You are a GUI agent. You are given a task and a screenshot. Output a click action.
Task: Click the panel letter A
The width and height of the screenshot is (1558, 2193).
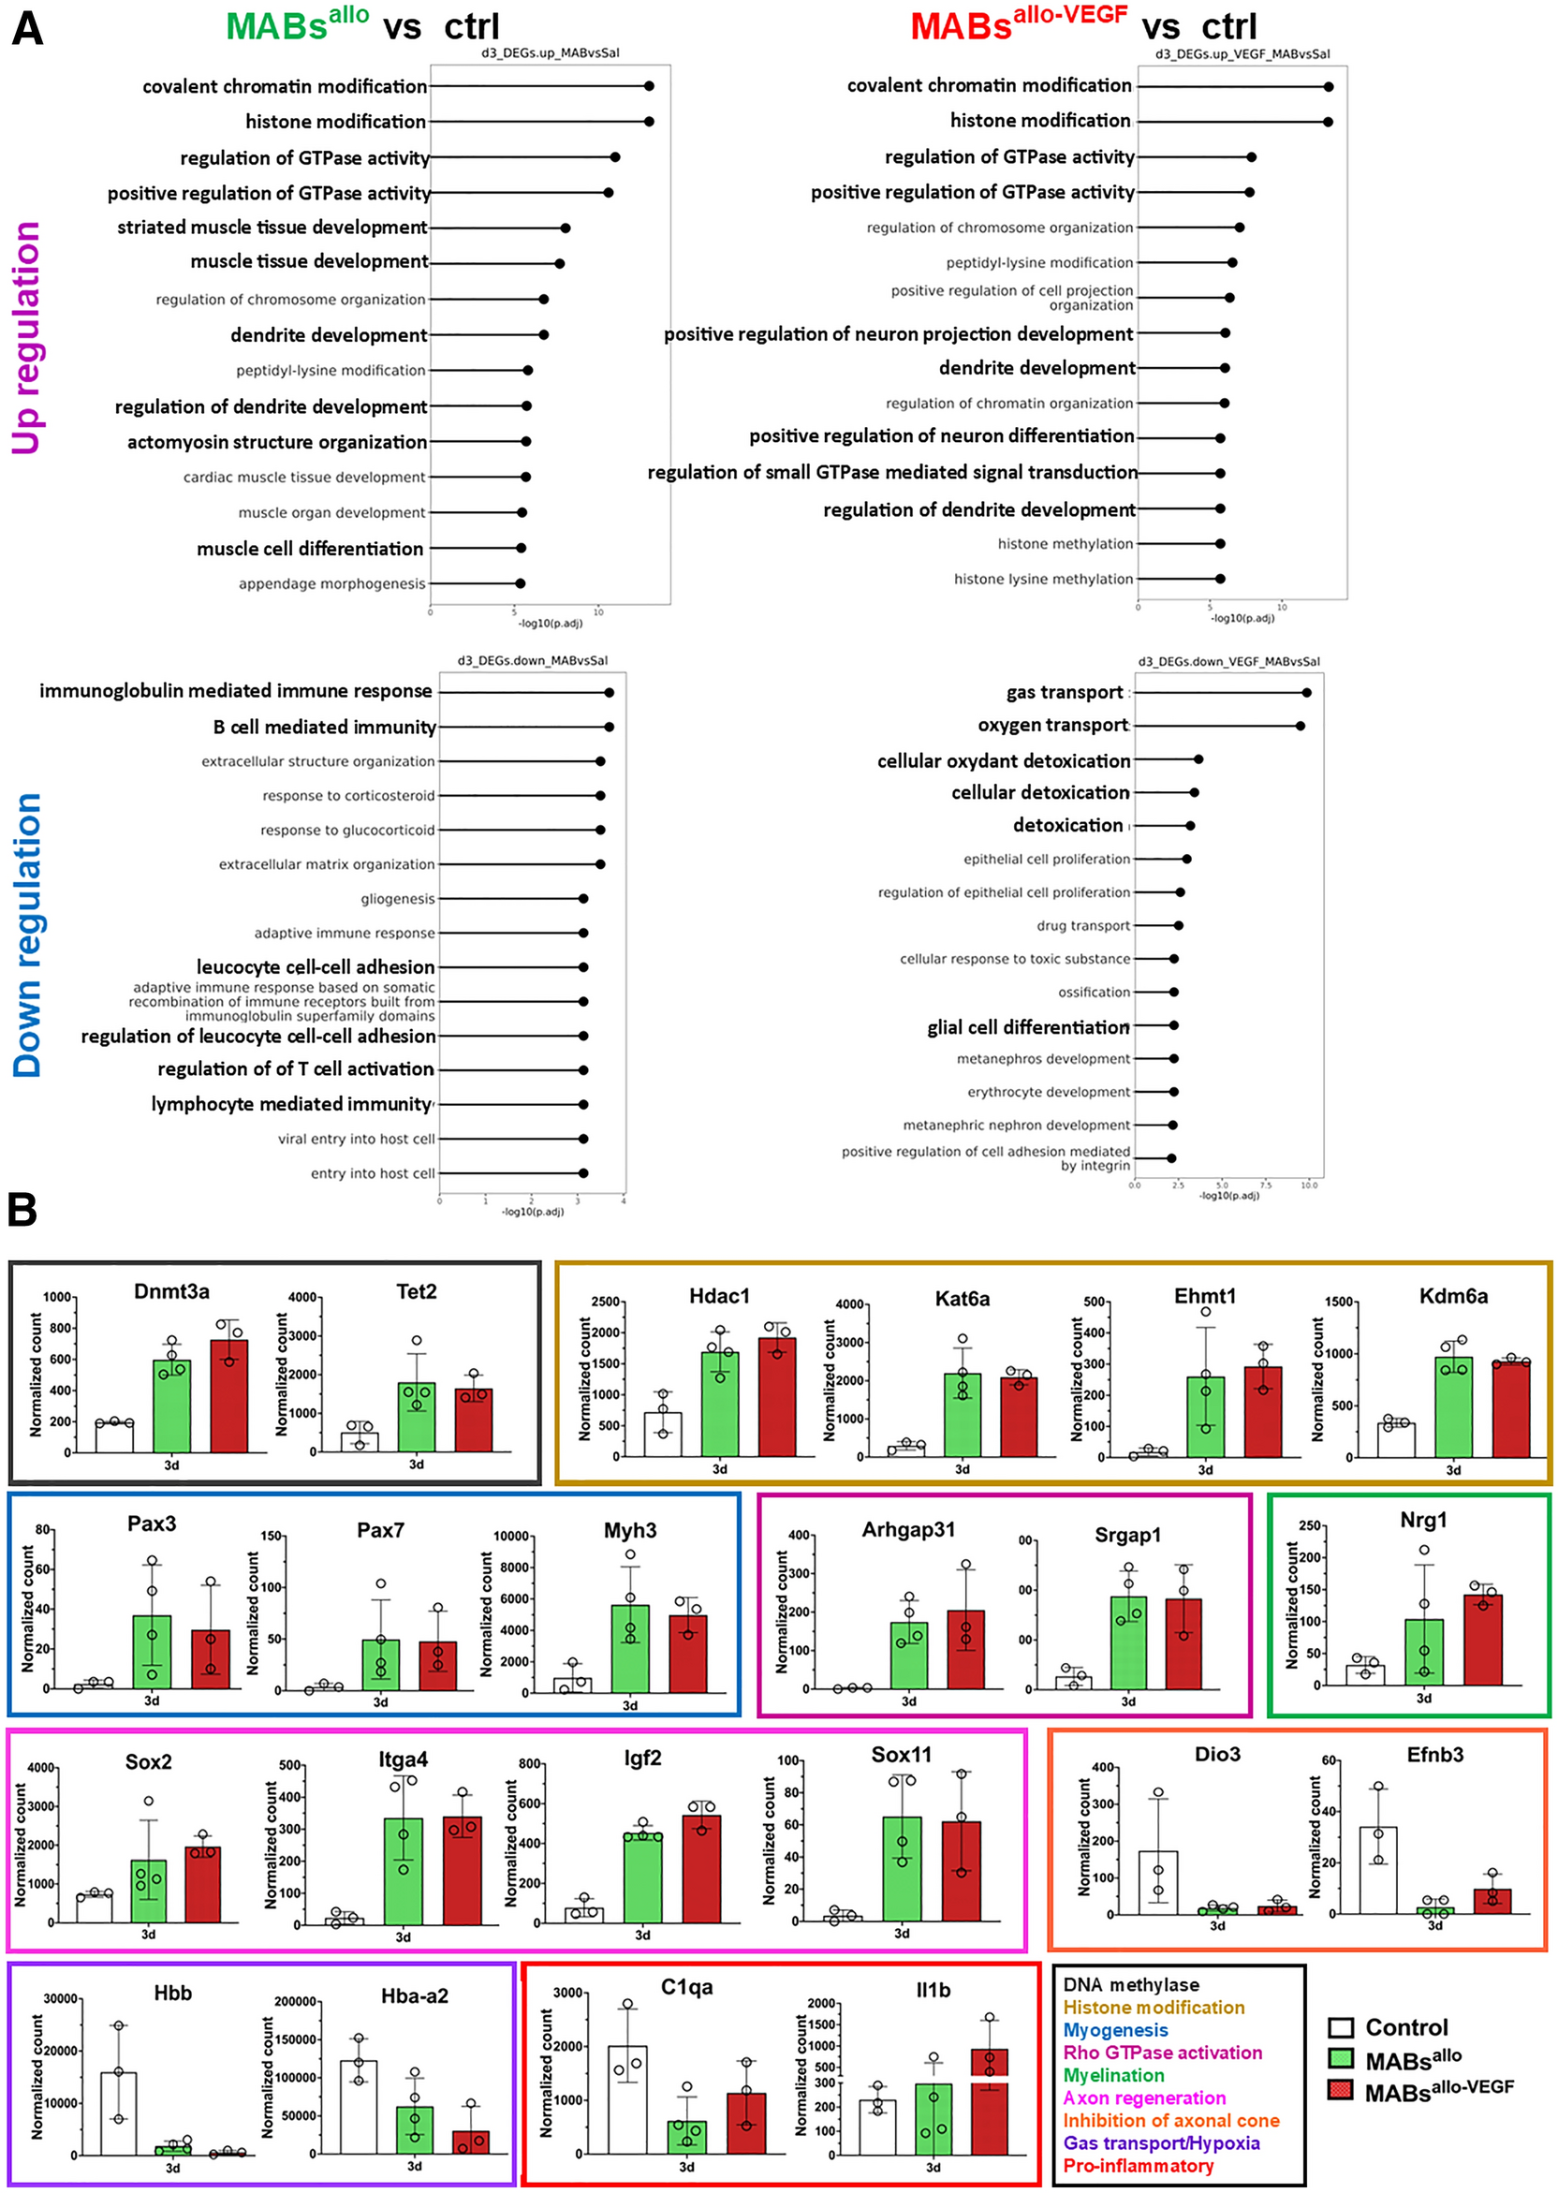coord(27,29)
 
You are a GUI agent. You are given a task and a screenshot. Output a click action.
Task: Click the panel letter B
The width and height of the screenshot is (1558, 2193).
coord(22,1211)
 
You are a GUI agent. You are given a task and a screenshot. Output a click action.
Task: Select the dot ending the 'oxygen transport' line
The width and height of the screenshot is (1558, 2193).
coord(1300,727)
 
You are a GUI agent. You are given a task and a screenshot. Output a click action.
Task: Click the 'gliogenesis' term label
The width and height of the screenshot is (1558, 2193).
coord(397,899)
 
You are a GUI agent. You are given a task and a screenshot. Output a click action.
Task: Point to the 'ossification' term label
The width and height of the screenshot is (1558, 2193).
coord(1094,992)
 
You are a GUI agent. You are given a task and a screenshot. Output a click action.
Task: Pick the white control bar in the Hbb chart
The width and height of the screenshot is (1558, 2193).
coord(119,2113)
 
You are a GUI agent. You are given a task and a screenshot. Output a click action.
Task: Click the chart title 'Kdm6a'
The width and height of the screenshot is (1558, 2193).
coord(1453,1296)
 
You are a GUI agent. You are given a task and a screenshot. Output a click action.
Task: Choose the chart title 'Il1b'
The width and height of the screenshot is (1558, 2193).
coord(933,1991)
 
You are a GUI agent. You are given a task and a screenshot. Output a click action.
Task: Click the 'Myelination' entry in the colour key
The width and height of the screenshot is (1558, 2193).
coord(1113,2075)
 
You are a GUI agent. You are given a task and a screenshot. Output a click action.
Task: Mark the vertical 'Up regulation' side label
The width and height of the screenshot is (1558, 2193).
coord(26,338)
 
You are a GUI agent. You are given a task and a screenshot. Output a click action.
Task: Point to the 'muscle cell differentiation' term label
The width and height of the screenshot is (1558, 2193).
coord(310,549)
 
